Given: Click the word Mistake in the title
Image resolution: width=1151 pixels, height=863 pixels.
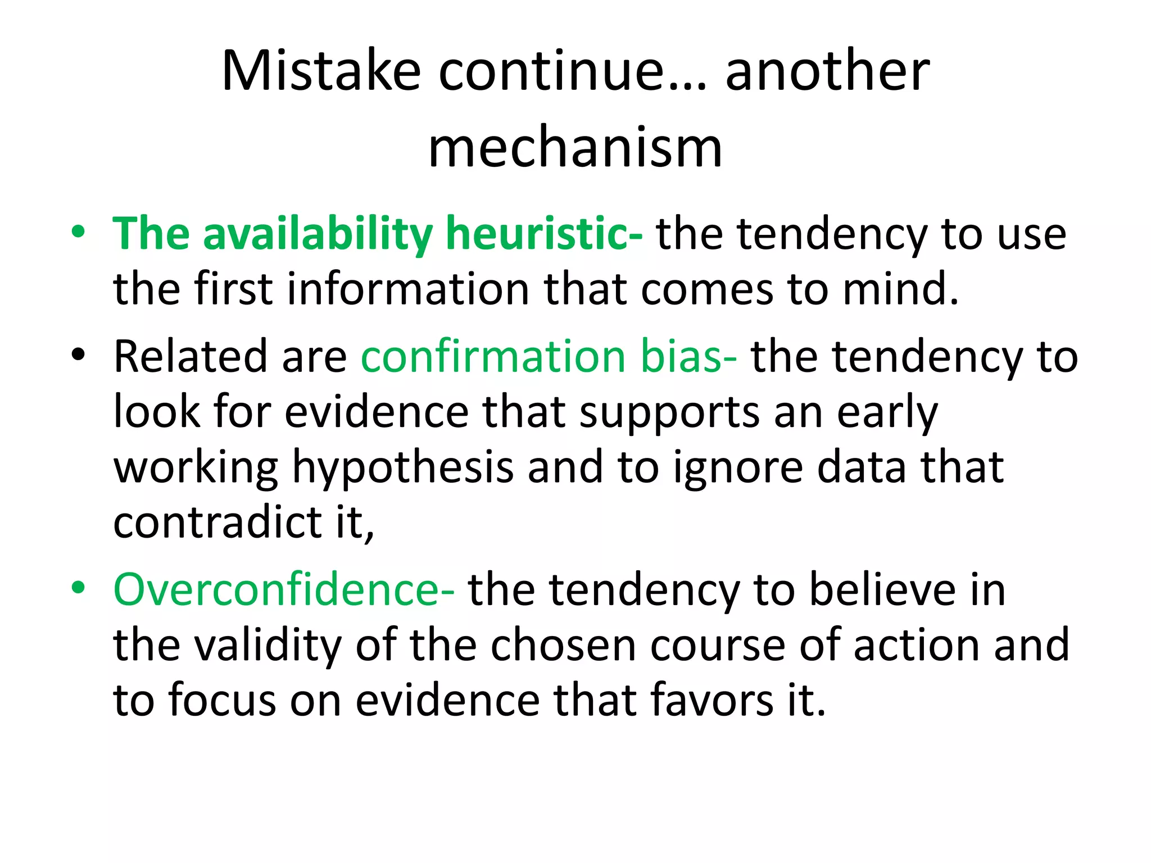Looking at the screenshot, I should click(321, 71).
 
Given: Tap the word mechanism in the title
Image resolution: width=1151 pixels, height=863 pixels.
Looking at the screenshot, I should click(575, 147).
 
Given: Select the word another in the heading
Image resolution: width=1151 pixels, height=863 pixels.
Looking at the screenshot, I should click(827, 71).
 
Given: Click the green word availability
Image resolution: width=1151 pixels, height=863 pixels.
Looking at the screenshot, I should click(318, 234).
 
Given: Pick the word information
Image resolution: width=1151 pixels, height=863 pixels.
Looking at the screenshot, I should click(409, 289).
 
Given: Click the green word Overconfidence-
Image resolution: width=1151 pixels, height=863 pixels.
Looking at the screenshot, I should click(284, 590).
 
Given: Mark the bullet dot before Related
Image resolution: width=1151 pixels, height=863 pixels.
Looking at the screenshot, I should click(78, 355).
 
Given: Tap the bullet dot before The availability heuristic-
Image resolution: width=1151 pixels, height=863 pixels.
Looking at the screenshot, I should click(78, 232).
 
